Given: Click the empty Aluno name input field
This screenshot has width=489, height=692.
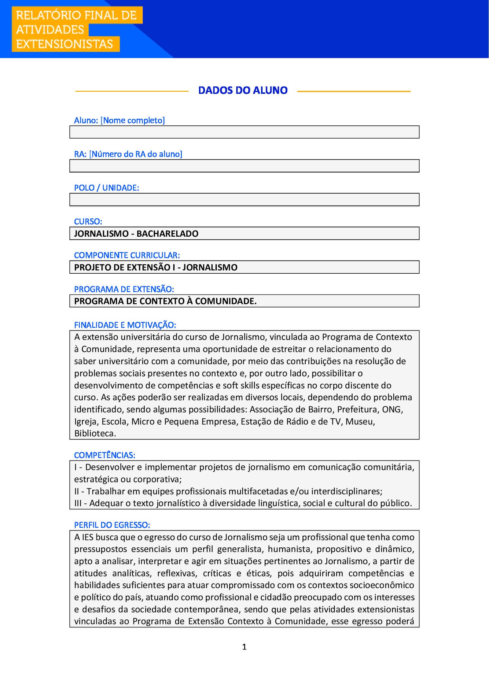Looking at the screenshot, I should [x=244, y=132].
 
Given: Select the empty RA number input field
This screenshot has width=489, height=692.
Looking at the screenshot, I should [x=244, y=166].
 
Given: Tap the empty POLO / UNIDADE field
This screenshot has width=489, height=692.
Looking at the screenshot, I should [x=244, y=200].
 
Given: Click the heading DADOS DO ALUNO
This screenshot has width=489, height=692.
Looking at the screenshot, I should [x=243, y=91].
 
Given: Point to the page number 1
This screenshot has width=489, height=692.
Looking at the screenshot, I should [x=244, y=647].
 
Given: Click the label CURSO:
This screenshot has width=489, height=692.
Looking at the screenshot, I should [x=88, y=221].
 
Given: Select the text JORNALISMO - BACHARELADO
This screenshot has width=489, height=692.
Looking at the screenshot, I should [x=136, y=234].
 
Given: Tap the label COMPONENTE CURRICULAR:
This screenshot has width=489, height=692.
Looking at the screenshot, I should [x=127, y=255].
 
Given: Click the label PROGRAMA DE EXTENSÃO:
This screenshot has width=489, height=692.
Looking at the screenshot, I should [x=124, y=289].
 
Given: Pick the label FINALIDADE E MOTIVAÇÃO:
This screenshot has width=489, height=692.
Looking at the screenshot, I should [x=125, y=325].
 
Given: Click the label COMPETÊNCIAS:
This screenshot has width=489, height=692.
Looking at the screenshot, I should [x=105, y=455].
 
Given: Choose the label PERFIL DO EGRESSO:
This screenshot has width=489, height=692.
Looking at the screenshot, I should [x=112, y=525].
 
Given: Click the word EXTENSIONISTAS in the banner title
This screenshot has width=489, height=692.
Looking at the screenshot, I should [x=64, y=44].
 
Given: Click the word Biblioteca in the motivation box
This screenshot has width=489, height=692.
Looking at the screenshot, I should [x=94, y=434].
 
